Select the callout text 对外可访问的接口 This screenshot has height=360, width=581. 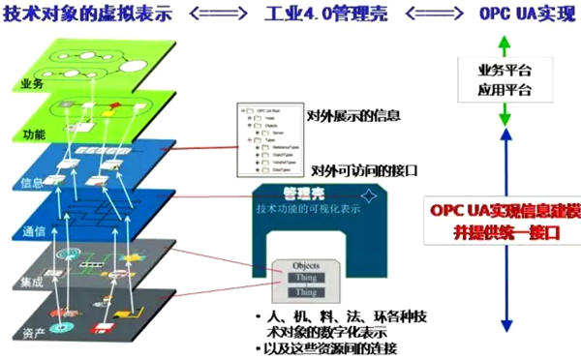(366, 169)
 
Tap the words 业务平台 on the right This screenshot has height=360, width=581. (504, 73)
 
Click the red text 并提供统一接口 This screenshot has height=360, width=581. (504, 233)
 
